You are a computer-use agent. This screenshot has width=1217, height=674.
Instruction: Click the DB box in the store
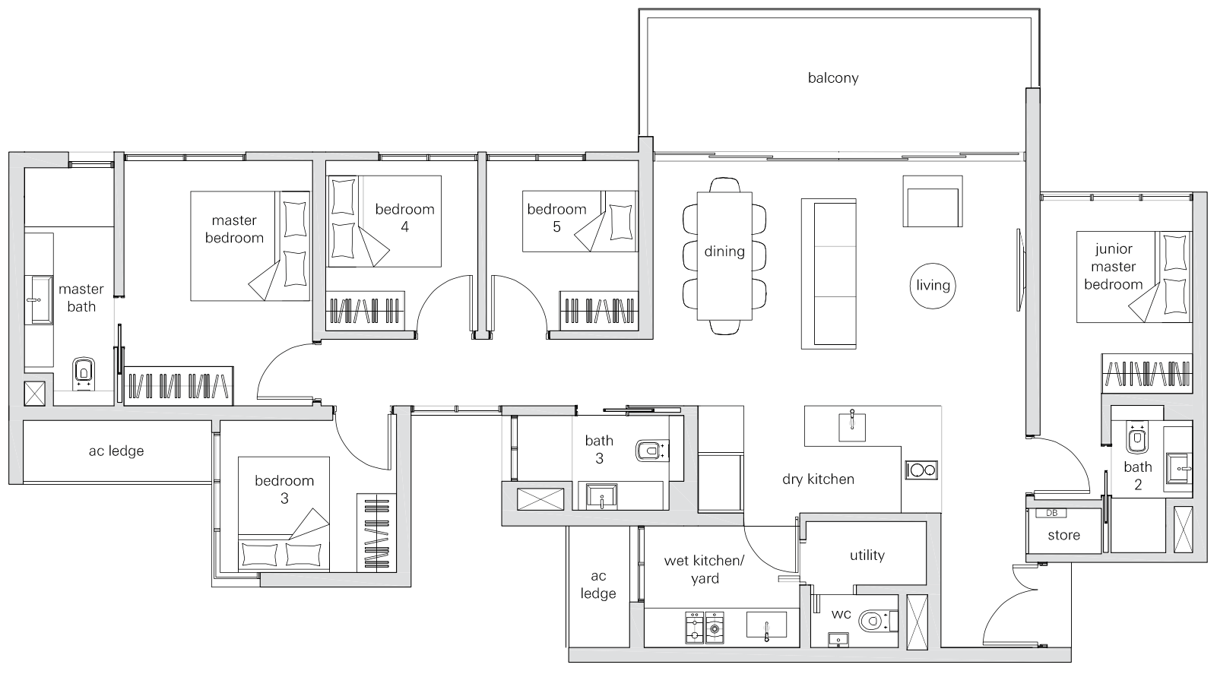pos(1051,513)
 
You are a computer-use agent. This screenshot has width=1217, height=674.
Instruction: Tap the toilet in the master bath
pos(83,374)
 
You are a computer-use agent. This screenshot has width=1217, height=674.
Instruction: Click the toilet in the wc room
pos(878,621)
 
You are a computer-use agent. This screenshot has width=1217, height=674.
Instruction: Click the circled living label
pos(933,286)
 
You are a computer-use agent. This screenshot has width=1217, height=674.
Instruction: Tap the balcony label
pos(833,78)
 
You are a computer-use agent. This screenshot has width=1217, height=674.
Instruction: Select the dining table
pos(724,256)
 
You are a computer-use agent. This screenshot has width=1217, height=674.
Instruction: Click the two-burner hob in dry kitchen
pos(921,470)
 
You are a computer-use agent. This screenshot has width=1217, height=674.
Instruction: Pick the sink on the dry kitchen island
pos(852,426)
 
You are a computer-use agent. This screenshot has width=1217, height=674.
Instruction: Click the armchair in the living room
pos(933,201)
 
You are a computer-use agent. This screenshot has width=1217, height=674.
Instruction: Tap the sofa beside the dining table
pos(829,274)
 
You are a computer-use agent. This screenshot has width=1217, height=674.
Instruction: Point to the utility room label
pos(867,555)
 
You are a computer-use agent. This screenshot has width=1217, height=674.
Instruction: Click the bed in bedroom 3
pos(284,514)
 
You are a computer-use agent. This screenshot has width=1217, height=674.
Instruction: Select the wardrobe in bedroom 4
pos(365,311)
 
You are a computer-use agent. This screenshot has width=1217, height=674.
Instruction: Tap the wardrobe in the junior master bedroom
pos(1147,374)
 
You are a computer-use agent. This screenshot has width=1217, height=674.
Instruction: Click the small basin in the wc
pos(838,640)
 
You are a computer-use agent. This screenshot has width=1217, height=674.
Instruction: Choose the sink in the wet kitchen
pos(766,625)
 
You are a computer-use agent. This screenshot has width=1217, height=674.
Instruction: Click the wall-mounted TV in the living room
pos(1019,270)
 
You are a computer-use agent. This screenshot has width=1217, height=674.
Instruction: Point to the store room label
pos(1063,536)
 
